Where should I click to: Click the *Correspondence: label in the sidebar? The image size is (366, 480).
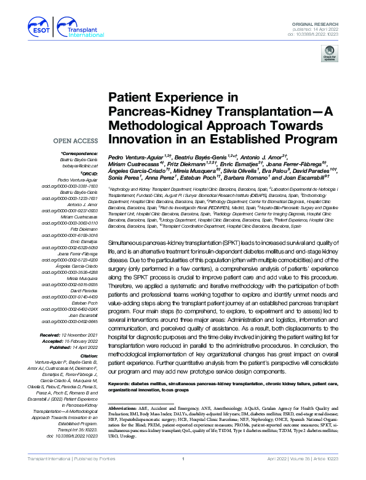point(80,153)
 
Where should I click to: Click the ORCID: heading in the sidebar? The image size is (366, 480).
point(89,173)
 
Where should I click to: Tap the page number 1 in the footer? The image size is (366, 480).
point(183,476)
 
